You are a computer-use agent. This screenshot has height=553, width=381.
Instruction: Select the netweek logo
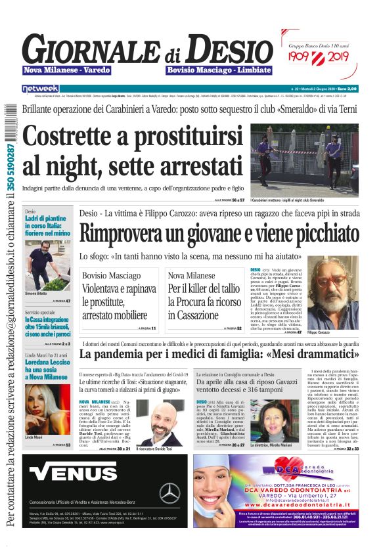(x=40, y=88)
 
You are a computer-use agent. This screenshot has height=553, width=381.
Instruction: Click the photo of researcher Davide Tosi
(x=158, y=420)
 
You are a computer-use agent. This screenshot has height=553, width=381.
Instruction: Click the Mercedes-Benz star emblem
(x=169, y=493)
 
